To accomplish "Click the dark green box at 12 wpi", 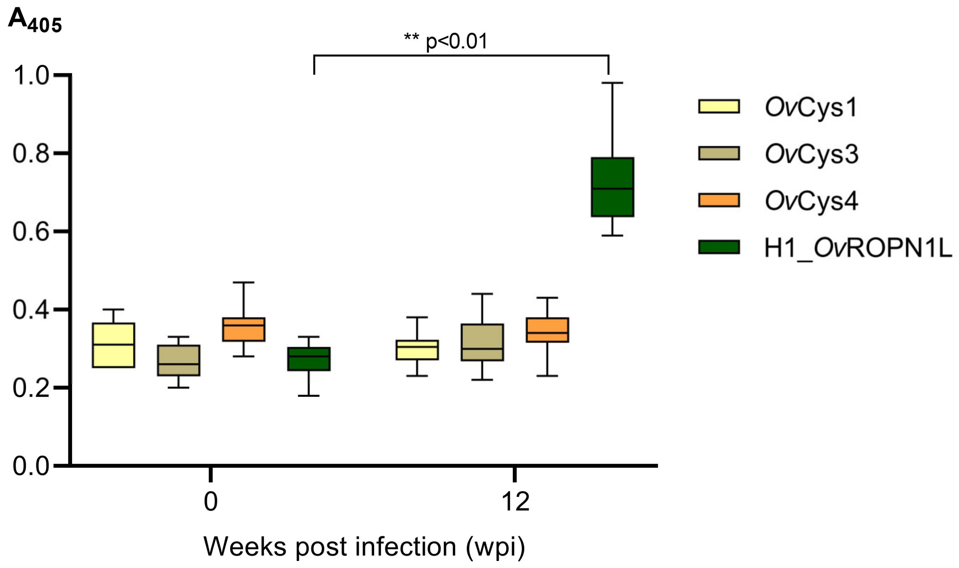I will pyautogui.click(x=612, y=187).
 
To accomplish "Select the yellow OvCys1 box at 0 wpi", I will pyautogui.click(x=113, y=345).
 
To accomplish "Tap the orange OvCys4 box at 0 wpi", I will pyautogui.click(x=244, y=329).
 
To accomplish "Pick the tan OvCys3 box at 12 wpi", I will pyautogui.click(x=482, y=342).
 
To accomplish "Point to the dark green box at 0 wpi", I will pyautogui.click(x=309, y=359).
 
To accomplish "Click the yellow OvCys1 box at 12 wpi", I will pyautogui.click(x=417, y=350).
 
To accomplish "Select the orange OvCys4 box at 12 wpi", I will pyautogui.click(x=547, y=330).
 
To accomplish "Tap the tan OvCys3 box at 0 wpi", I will pyautogui.click(x=178, y=360).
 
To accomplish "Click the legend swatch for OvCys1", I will pyautogui.click(x=719, y=106).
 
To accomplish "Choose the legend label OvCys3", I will pyautogui.click(x=811, y=154).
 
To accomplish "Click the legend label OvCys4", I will pyautogui.click(x=811, y=201).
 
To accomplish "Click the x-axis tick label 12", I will pyautogui.click(x=515, y=502).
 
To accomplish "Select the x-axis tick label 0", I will pyautogui.click(x=211, y=502).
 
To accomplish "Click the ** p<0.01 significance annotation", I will pyautogui.click(x=446, y=41).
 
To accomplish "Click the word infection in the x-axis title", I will pyautogui.click(x=406, y=546).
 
